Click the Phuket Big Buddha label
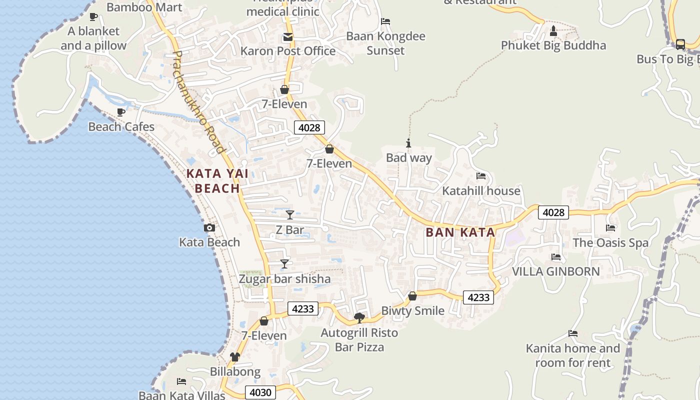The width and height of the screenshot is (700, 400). tap(553, 45)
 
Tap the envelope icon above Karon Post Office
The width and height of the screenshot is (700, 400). tap(288, 37)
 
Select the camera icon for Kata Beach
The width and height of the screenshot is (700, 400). tap(209, 228)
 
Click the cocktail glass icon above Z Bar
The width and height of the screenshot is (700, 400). tap(290, 215)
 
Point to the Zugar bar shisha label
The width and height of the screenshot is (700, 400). tap(284, 279)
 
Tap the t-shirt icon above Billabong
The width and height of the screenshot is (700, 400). tap(235, 357)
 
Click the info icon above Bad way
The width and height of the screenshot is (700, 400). tap(408, 143)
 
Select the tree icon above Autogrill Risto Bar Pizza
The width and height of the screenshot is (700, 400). tap(359, 317)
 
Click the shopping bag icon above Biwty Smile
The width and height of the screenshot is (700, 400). tap(412, 296)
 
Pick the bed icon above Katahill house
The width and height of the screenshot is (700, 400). tap(481, 176)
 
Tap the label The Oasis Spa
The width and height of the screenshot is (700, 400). tap(610, 243)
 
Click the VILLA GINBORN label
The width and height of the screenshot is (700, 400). tap(556, 271)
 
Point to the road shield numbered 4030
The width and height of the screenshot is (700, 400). tap(260, 392)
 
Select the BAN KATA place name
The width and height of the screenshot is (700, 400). tap(460, 232)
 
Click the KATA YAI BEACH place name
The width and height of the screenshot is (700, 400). tap(217, 181)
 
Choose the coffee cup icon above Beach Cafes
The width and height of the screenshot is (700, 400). tap(120, 112)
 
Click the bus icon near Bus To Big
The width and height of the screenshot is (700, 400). tap(680, 44)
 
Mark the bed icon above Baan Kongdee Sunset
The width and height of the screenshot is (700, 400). tap(385, 21)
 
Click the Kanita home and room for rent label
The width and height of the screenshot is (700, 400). tap(573, 355)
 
